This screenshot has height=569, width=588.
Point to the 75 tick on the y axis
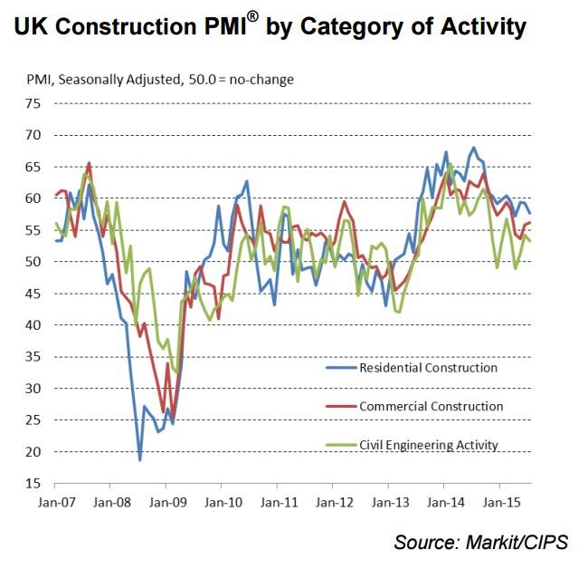(33, 103)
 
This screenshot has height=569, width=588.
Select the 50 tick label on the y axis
(33, 262)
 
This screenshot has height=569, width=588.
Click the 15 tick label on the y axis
(33, 483)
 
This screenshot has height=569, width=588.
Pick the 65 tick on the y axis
(33, 167)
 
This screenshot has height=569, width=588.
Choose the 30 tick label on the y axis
(33, 388)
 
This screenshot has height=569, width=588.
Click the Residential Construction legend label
(428, 368)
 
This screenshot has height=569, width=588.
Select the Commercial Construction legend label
(431, 407)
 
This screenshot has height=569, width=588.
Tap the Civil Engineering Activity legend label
(429, 445)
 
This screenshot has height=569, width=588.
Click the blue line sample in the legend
(340, 368)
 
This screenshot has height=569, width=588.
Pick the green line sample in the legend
(340, 445)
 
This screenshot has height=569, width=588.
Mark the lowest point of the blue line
(140, 460)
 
